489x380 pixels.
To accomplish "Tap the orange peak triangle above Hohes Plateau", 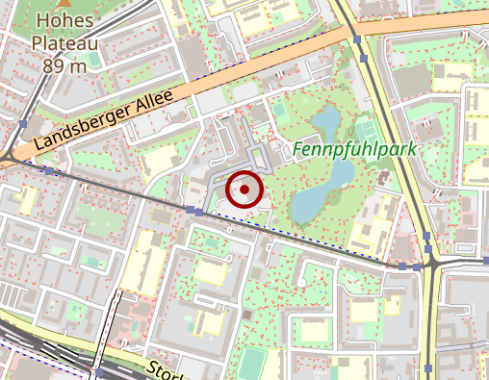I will pyautogui.click(x=57, y=4).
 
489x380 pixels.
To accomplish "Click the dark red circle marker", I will pyautogui.click(x=245, y=190).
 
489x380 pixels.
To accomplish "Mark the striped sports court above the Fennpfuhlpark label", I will pyautogui.click(x=365, y=128).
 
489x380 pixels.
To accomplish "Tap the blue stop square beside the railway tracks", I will pyautogui.click(x=99, y=370).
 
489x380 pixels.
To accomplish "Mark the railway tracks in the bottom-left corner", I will pyautogui.click(x=29, y=346).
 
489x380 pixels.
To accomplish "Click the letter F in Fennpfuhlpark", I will pyautogui.click(x=296, y=150).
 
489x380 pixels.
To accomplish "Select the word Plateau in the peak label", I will pyautogui.click(x=65, y=43).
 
